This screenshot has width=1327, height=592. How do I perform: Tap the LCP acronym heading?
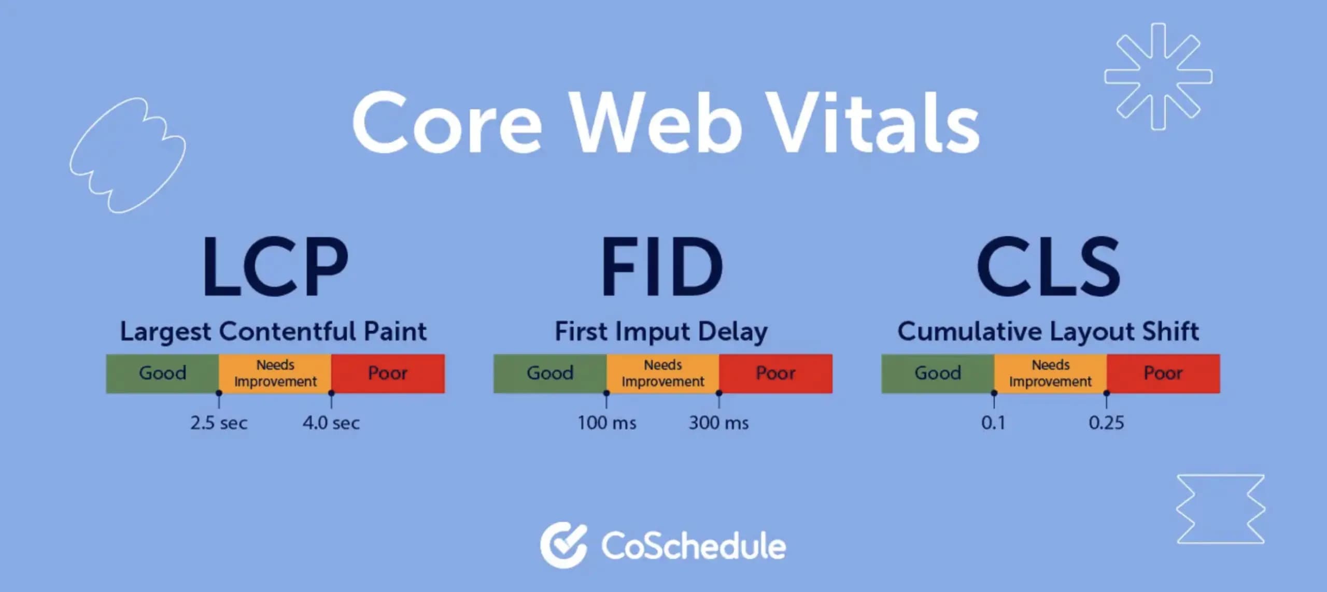[x=275, y=267]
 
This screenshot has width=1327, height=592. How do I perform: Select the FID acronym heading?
[x=662, y=267]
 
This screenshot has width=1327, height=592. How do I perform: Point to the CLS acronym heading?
[x=1049, y=267]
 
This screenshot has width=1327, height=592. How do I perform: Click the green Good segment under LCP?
[x=162, y=373]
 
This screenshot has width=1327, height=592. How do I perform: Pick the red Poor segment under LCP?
[x=388, y=373]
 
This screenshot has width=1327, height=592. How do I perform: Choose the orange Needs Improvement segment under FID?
[x=662, y=373]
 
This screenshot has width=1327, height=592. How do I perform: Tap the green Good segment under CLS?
[x=938, y=373]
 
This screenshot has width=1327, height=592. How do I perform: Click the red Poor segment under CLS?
[x=1163, y=373]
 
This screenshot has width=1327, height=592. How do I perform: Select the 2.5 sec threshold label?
[x=219, y=423]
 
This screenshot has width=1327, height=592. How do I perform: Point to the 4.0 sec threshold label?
[x=331, y=423]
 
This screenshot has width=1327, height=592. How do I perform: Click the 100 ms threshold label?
[x=607, y=423]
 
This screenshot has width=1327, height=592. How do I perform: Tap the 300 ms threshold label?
[x=718, y=423]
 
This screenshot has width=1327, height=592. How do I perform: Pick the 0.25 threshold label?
[x=1106, y=423]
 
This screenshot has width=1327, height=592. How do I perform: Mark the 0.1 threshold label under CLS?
[x=993, y=423]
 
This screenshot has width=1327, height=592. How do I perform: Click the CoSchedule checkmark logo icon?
[x=563, y=545]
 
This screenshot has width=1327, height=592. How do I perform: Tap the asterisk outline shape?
[x=1158, y=76]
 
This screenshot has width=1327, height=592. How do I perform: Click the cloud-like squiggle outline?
[x=128, y=155]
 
